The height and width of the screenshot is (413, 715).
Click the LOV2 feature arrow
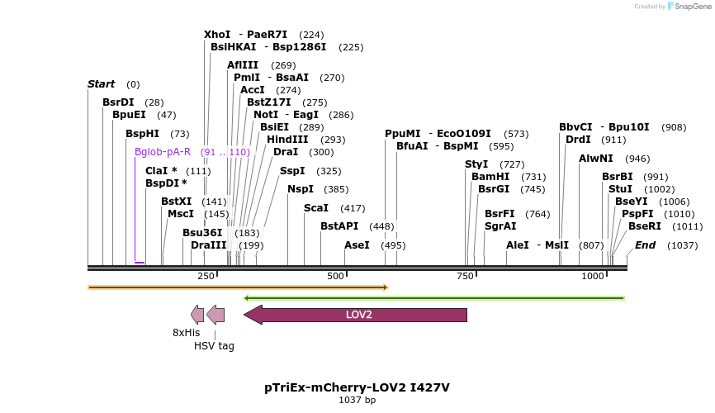tap(356, 315)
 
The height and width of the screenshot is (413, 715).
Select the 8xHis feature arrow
tap(197, 314)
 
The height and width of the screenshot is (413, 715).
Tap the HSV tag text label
tap(214, 346)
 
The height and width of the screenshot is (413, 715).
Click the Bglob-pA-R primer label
tap(163, 152)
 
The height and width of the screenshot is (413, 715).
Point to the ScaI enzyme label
tap(316, 208)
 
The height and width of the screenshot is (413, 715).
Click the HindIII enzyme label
tap(287, 140)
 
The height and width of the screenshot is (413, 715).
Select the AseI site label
tap(357, 245)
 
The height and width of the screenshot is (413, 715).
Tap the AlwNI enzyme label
tap(596, 159)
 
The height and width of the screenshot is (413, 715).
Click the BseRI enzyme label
tap(645, 226)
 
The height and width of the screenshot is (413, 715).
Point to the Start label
tap(101, 84)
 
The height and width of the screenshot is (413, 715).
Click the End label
tap(645, 245)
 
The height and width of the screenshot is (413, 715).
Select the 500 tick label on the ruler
tap(335, 276)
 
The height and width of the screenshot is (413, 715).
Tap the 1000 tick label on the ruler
tap(593, 276)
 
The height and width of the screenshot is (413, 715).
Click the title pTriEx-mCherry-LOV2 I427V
tap(357, 387)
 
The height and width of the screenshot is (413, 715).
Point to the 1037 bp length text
tap(357, 401)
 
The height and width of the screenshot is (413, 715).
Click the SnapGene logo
tap(689, 7)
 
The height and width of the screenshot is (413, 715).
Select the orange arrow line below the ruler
tap(238, 287)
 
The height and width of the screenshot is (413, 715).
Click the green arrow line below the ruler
tap(434, 297)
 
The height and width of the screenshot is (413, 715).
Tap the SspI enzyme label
tap(292, 171)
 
